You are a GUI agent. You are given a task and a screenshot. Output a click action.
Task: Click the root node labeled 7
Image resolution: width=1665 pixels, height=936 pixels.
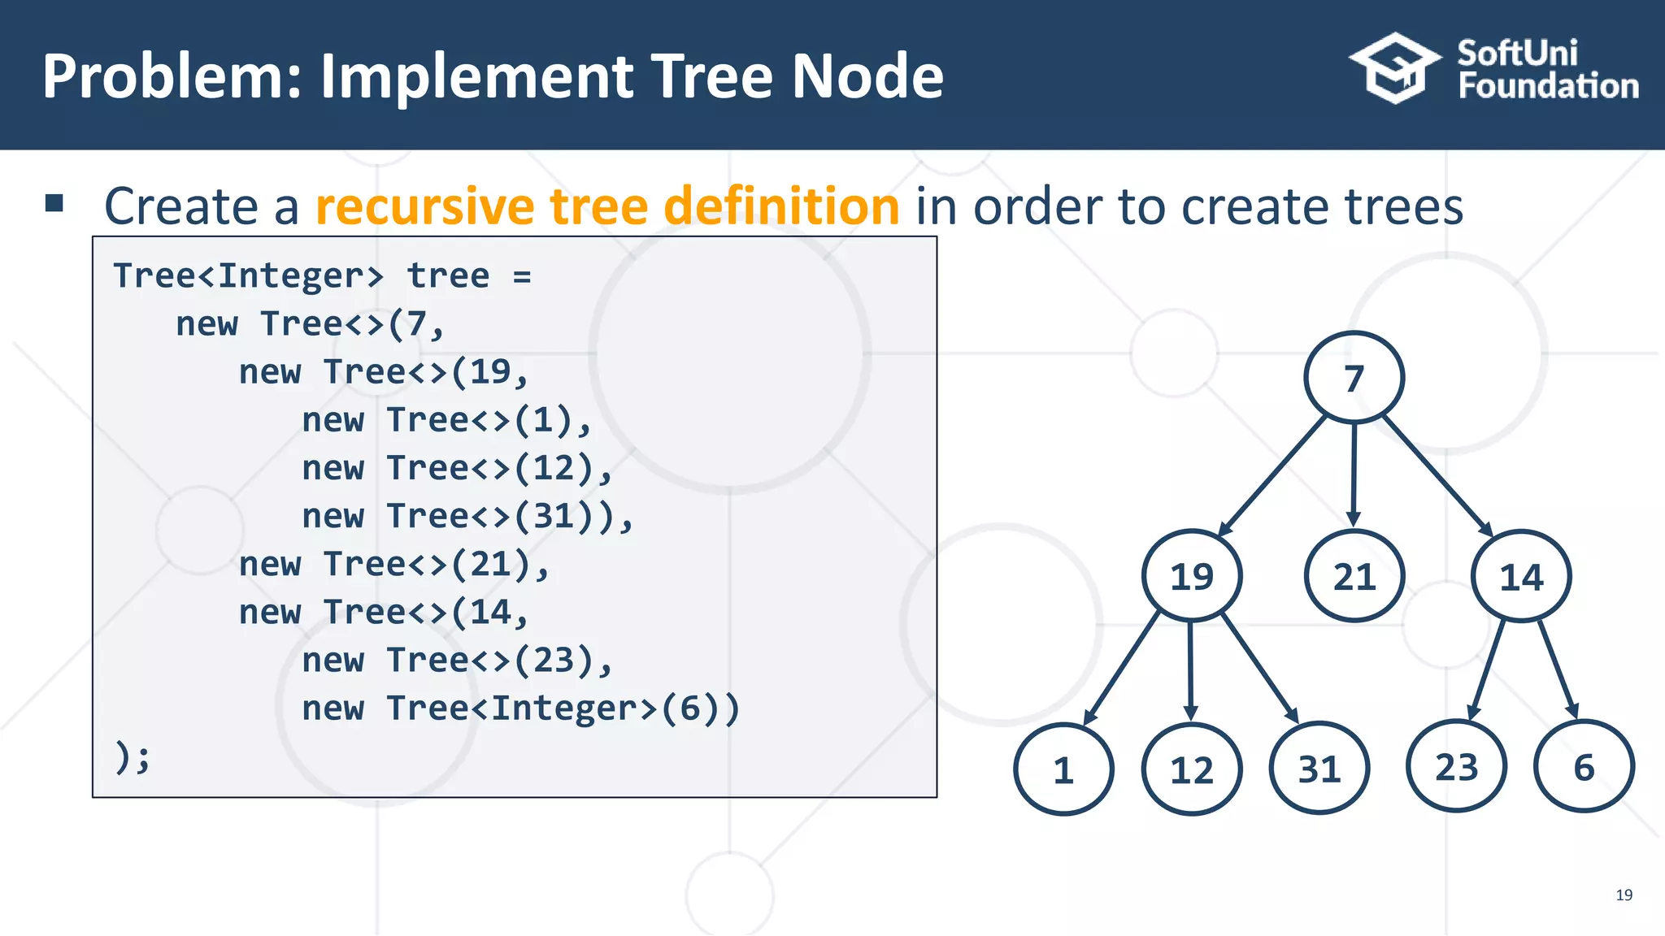1354,378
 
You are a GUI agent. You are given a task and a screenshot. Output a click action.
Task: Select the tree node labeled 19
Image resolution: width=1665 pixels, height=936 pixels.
1192,576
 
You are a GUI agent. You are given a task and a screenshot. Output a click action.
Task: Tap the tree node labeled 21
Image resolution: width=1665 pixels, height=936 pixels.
1354,576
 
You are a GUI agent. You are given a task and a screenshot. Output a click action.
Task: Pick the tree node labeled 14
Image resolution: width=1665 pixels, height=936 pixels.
1521,576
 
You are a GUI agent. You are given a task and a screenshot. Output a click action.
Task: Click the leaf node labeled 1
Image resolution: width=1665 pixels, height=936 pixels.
1063,769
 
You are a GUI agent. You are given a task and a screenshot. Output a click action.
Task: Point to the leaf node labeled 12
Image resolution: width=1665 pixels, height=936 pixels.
1192,769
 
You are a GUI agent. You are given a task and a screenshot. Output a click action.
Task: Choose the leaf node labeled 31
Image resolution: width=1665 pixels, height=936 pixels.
1319,768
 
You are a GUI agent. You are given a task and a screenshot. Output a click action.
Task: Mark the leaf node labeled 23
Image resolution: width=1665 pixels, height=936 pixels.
1457,766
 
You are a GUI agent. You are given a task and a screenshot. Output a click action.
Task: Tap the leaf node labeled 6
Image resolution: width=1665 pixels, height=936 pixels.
1584,766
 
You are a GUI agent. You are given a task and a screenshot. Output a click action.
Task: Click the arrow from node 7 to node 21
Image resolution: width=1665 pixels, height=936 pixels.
1354,475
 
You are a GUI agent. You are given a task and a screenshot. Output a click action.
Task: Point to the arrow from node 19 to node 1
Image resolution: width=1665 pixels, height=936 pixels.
1123,668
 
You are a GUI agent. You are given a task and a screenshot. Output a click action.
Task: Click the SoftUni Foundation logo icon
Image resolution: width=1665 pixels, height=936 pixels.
1395,68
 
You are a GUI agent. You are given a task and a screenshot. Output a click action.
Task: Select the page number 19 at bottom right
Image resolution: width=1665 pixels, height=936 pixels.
1624,895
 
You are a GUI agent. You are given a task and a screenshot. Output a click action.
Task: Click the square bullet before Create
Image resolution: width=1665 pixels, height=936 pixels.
54,203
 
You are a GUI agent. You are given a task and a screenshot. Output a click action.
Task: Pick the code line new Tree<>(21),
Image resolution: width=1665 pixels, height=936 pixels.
394,564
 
